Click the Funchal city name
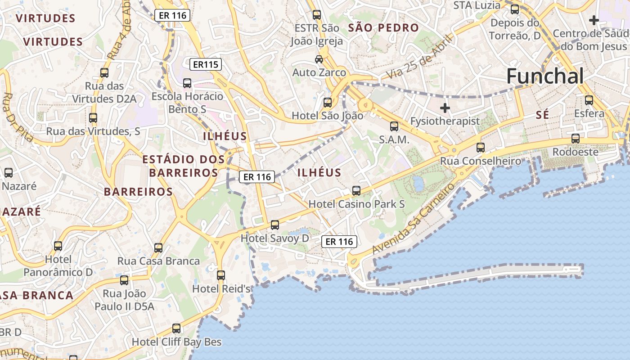coord(545,76)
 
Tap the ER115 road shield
coord(206,64)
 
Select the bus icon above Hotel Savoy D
coord(275,225)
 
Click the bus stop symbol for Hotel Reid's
coord(220,275)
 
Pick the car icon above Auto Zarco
coord(319,59)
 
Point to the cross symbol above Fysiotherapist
coord(445,108)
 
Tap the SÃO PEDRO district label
coord(383,28)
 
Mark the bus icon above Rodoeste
coord(575,139)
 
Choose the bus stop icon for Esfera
coord(589,100)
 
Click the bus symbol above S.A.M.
coord(394,126)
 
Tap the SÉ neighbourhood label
coord(542,115)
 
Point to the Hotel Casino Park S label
coord(356,204)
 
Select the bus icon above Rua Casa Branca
coord(158,247)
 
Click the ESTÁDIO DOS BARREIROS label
coord(183,166)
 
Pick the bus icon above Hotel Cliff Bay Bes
coord(176,328)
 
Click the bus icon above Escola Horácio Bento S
coord(187,83)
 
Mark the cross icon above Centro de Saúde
coord(594,20)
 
